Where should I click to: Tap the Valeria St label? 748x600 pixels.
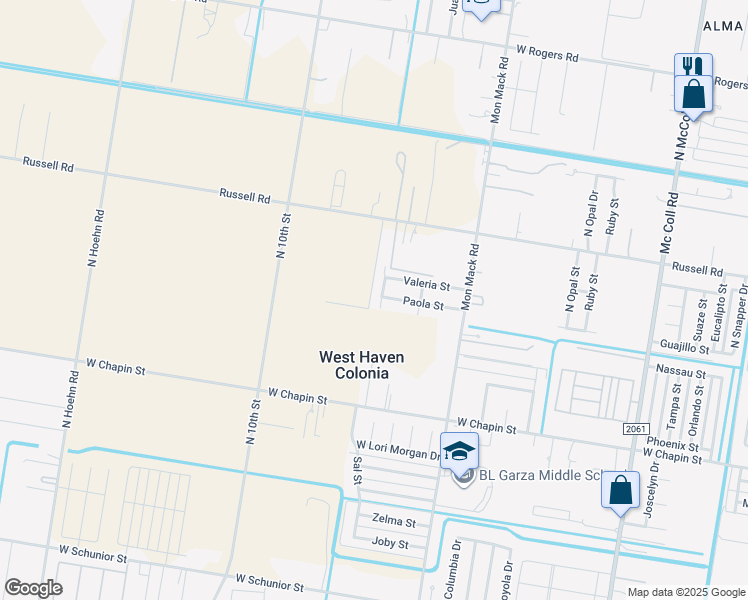426,285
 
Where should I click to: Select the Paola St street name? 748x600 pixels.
423,302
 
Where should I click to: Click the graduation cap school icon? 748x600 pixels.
459,451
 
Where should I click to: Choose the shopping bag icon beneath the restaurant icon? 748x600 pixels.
693,96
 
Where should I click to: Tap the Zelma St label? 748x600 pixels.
393,522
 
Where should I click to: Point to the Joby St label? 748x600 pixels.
390,544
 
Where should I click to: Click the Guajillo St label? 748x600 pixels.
684,345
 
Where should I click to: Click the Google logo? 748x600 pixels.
33,588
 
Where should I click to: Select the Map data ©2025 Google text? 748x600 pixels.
685,592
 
